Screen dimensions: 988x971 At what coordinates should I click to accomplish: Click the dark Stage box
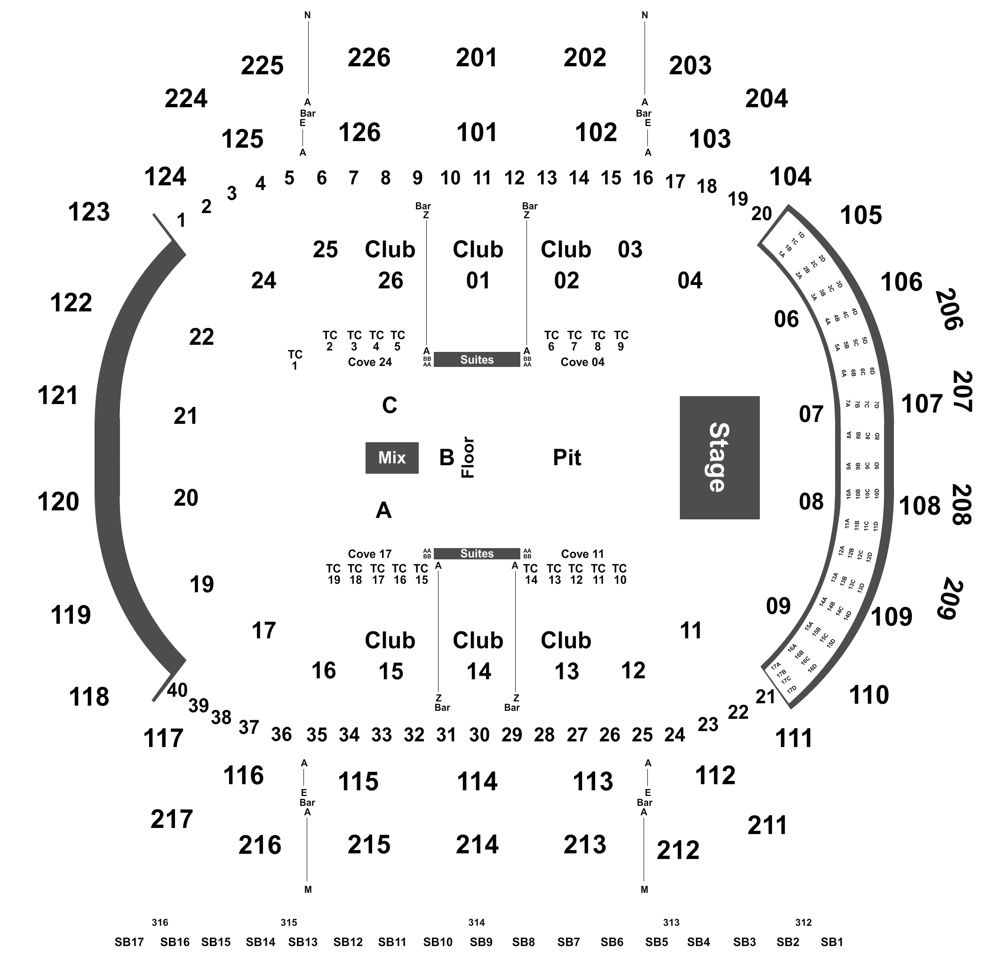pos(719,457)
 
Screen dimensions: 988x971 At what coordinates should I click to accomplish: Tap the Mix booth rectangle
pos(392,457)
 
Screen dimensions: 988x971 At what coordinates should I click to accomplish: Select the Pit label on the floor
pos(566,457)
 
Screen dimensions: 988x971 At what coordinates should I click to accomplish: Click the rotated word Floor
pos(468,457)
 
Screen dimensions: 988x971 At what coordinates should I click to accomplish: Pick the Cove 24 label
pos(370,362)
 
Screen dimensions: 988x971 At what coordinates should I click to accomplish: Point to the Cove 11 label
pos(582,554)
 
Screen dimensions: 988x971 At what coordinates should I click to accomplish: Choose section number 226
pos(369,57)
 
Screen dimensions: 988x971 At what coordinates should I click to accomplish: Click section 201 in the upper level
pos(477,57)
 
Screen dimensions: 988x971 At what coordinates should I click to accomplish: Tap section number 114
pos(477,781)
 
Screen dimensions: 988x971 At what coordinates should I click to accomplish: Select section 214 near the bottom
pos(477,844)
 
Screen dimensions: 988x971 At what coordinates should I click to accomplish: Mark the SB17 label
pos(129,942)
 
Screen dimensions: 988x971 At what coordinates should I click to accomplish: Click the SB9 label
pos(481,942)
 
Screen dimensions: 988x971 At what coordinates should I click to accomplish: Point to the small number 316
pos(159,922)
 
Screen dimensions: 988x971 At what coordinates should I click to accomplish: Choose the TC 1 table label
pos(295,359)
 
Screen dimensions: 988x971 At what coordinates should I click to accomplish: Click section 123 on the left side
pos(89,212)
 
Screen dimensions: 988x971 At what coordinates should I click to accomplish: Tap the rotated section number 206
pos(949,309)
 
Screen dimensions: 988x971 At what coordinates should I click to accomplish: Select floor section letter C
pos(390,405)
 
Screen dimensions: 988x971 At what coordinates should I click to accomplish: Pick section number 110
pos(868,694)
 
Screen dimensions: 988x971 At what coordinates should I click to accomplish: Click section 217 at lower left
pos(171,819)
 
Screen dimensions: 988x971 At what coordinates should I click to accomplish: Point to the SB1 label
pos(831,942)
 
